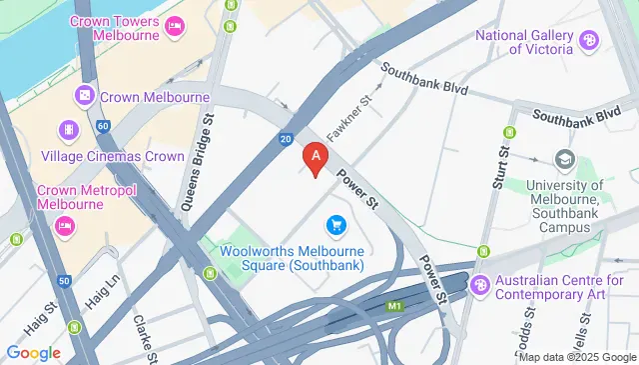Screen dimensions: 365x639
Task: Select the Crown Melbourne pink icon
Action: (x=85, y=97)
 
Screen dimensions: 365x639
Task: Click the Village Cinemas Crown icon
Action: (x=68, y=130)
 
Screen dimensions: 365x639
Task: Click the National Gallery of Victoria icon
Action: (x=589, y=41)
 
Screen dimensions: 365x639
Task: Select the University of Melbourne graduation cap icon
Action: (x=565, y=160)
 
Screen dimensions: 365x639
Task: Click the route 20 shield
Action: (x=286, y=139)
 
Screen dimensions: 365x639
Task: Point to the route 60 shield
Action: (x=103, y=126)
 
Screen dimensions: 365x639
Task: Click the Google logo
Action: (x=32, y=352)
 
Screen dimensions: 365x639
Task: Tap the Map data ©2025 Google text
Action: (x=577, y=357)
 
